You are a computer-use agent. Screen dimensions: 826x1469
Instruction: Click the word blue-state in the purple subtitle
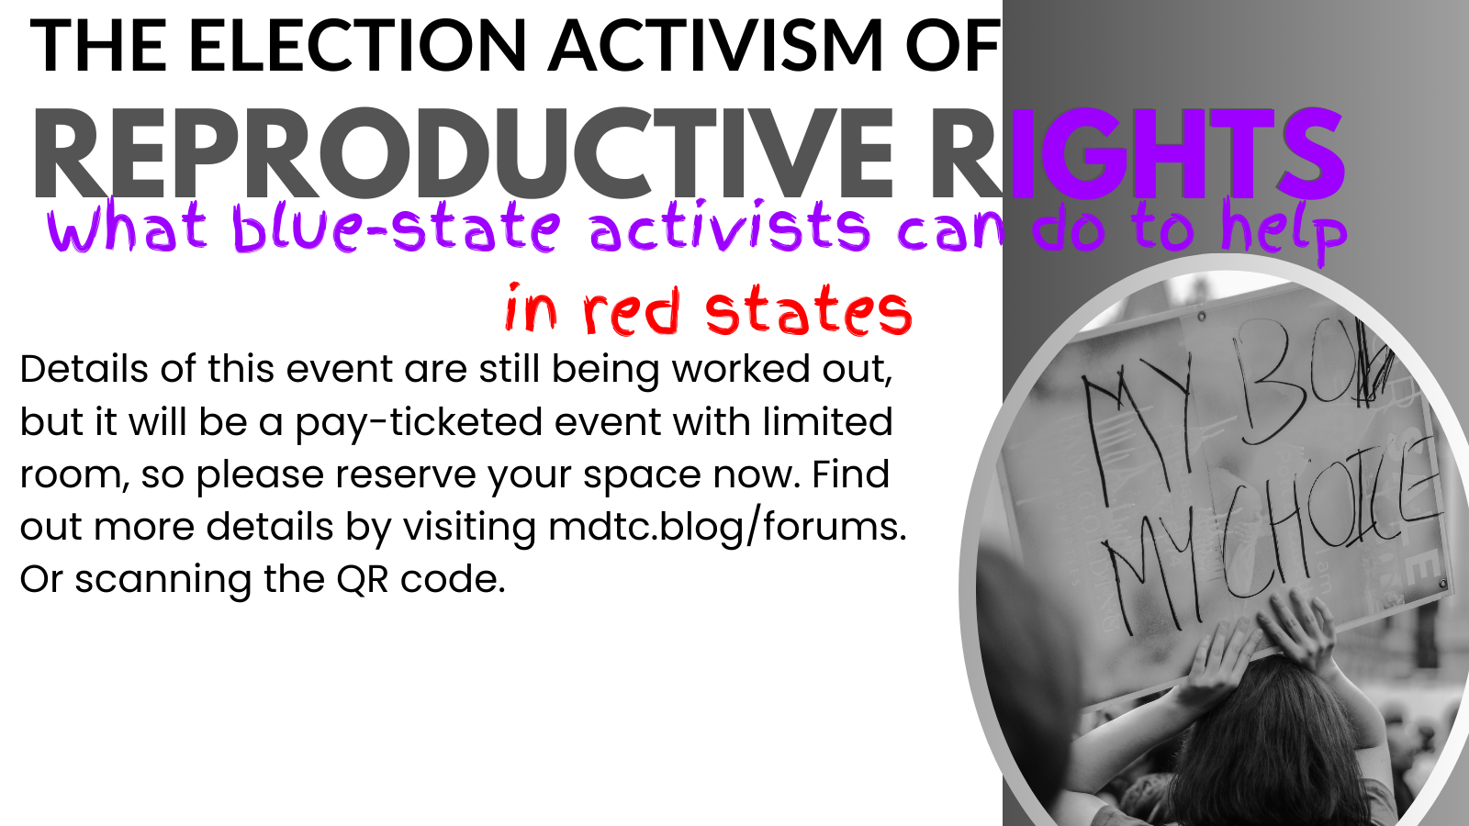396,228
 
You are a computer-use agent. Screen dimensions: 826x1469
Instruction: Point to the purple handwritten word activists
729,228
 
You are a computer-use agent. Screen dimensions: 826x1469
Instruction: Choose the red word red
631,312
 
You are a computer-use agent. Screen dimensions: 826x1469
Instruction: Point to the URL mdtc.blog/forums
726,527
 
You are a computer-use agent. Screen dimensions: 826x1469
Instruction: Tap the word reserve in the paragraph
405,474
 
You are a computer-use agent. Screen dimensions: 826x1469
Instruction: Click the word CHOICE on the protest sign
1331,532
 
